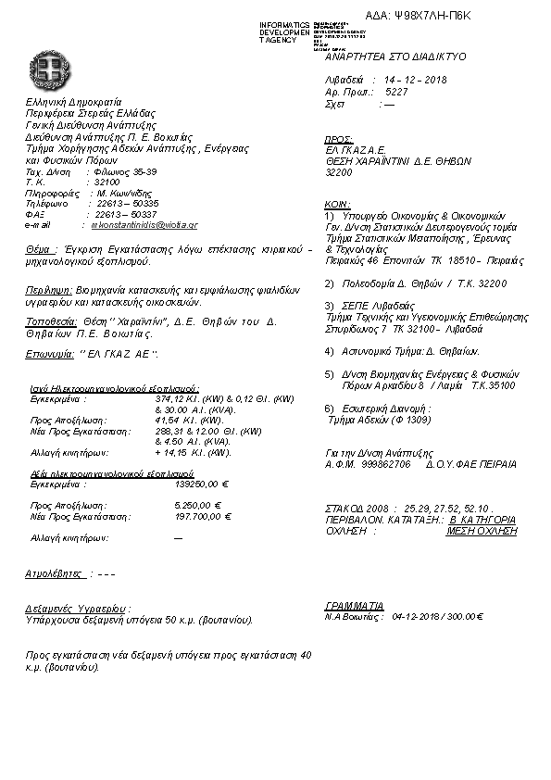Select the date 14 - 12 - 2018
point(414,81)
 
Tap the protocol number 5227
point(395,94)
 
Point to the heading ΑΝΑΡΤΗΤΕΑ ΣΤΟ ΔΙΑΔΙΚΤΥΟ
point(395,57)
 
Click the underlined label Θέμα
point(41,250)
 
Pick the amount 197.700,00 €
point(202,515)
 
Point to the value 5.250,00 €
point(200,505)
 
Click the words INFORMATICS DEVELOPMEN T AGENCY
point(284,31)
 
